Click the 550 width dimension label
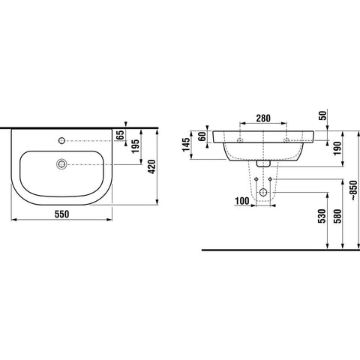[61, 214]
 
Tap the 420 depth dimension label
[151, 166]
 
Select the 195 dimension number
[135, 146]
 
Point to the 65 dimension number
[121, 135]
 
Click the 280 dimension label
[263, 118]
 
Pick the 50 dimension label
[323, 115]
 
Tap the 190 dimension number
[337, 148]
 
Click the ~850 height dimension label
[354, 190]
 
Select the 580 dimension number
[337, 216]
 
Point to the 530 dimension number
[322, 216]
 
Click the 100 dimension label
[242, 201]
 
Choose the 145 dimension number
[186, 145]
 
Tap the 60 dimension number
[202, 136]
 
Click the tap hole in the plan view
[61, 141]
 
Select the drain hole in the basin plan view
[61, 164]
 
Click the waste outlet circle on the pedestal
[263, 192]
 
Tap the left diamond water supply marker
[256, 179]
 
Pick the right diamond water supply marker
[270, 179]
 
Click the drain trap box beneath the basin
[263, 163]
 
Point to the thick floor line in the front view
[280, 250]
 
